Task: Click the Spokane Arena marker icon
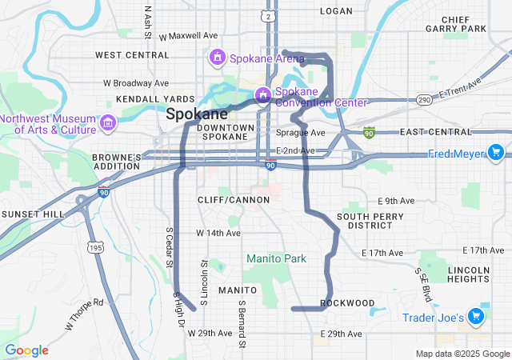coord(217,58)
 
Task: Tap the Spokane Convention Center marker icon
coord(262,96)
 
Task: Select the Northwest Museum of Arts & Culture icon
coord(108,123)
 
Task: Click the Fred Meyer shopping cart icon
coord(496,152)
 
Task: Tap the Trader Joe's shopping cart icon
coord(476,318)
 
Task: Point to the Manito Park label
coord(276,258)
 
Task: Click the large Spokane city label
coord(197,114)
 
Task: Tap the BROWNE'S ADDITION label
coord(117,162)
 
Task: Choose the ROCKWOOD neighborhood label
coord(347,303)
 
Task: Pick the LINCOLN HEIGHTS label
coord(468,274)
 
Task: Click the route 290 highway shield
coord(424,99)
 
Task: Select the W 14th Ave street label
coord(218,233)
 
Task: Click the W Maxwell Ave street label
coord(189,36)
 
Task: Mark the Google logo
coord(27,350)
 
